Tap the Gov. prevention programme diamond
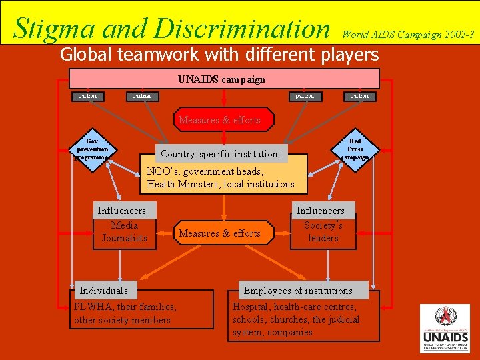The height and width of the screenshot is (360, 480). coord(93,149)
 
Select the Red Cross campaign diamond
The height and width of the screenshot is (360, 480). coord(355,149)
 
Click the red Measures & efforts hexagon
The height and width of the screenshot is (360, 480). coord(219,120)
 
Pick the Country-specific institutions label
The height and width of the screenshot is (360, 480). coord(221,154)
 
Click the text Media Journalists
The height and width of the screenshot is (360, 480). coord(124,231)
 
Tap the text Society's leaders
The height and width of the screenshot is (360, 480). coord(323,231)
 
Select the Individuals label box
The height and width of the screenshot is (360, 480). coord(104,291)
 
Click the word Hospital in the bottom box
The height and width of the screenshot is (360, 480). coord(251,307)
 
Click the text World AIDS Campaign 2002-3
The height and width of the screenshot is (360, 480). coord(408,33)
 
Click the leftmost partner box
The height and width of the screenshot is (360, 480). coord(87,96)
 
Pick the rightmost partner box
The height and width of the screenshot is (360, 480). coord(359,96)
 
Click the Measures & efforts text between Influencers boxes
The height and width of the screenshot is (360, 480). coord(219,233)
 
